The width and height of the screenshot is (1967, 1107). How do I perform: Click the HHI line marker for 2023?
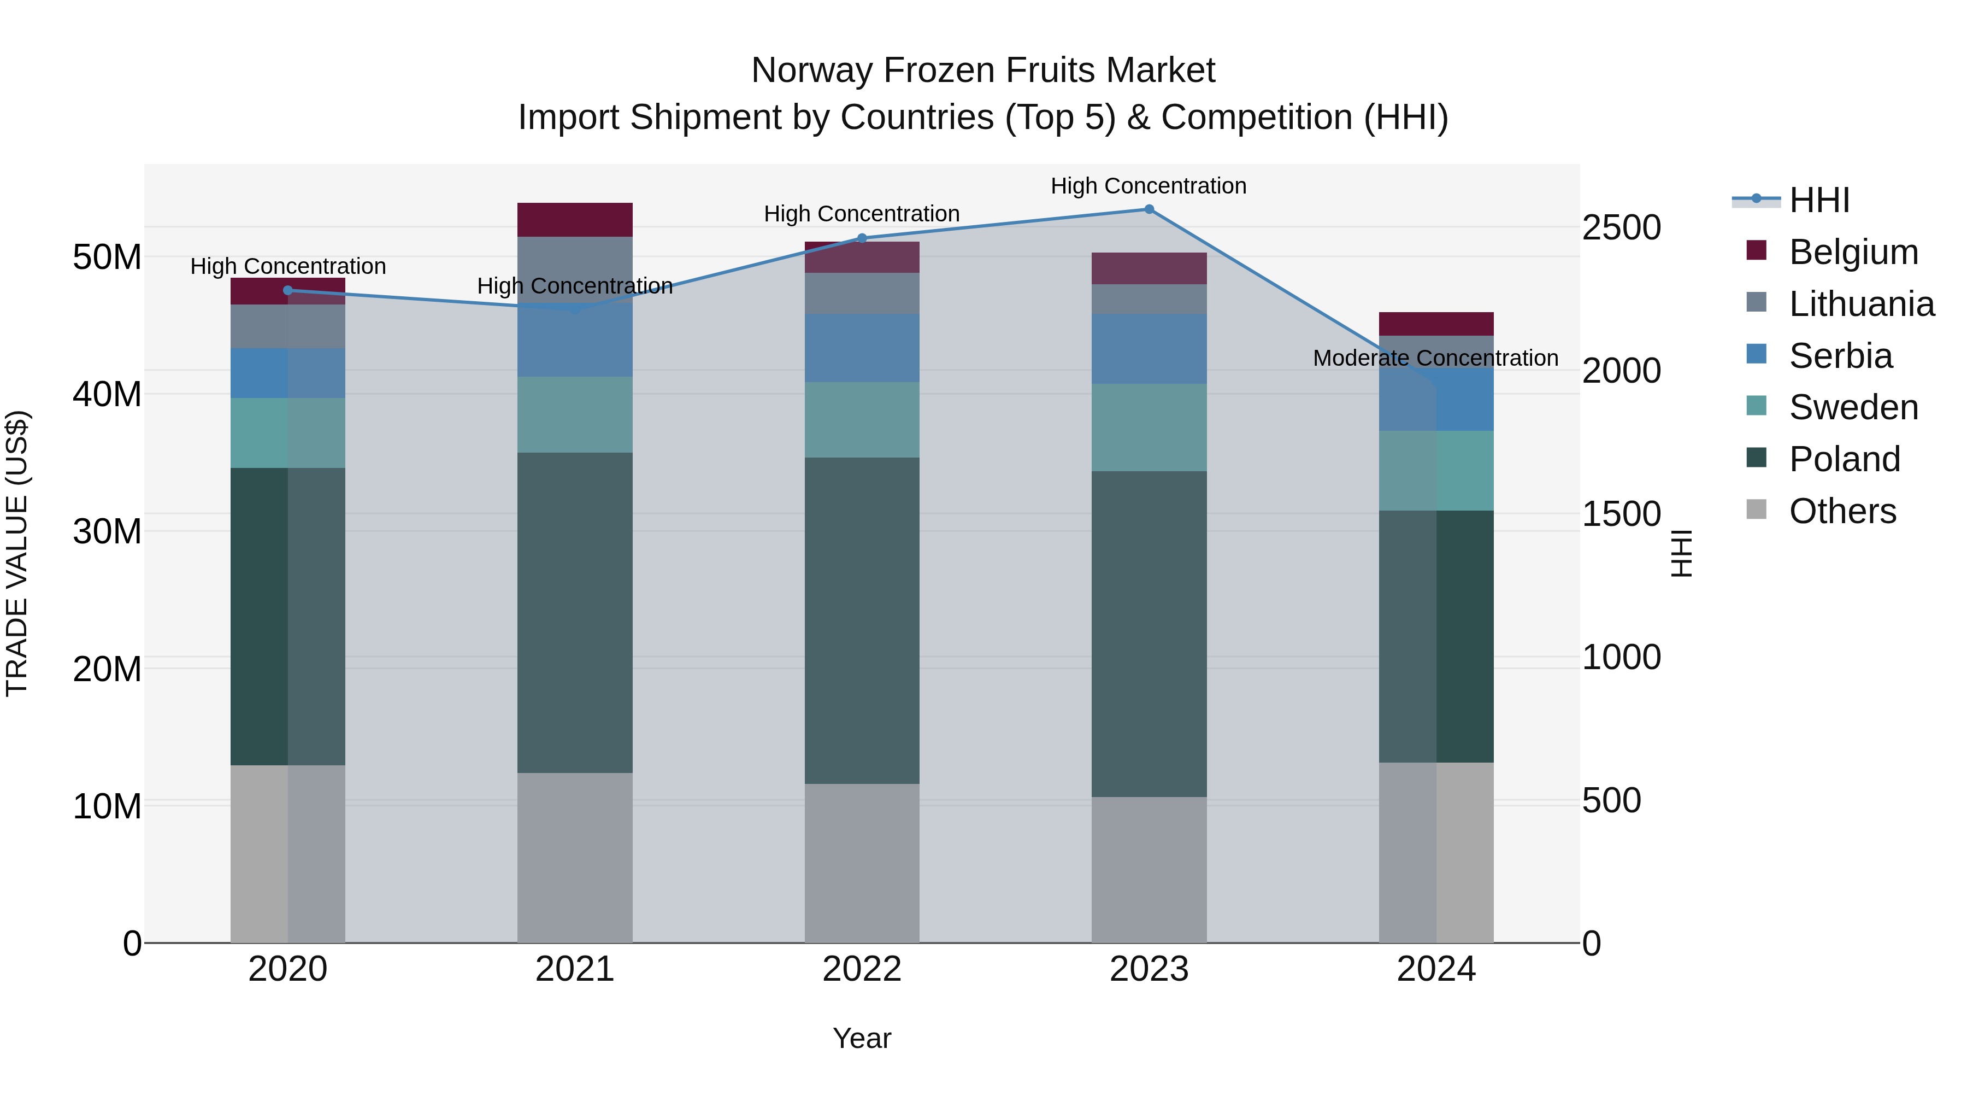(x=1149, y=209)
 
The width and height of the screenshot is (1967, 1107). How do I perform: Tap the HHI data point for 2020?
(x=288, y=290)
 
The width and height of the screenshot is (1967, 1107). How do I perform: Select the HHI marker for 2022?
(x=862, y=238)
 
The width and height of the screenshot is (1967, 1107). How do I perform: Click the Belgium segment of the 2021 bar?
(x=575, y=220)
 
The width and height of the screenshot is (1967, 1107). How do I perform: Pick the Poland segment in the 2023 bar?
(x=1149, y=634)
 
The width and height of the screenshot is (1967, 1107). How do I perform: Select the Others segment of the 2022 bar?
(x=862, y=863)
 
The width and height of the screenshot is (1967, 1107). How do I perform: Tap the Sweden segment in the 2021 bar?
(x=575, y=415)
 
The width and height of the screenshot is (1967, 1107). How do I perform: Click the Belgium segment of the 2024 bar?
(x=1435, y=324)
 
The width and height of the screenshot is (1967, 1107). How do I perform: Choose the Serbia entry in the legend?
(x=1840, y=356)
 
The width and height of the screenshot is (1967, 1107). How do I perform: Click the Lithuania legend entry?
(x=1861, y=304)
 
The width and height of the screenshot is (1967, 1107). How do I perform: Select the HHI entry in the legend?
(x=1819, y=200)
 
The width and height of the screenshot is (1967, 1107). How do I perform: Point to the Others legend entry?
(x=1842, y=511)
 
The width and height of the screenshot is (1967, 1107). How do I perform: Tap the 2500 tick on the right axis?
(x=1621, y=227)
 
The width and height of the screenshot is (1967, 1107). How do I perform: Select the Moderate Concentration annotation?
(x=1435, y=358)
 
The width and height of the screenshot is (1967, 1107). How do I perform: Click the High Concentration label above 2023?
(x=1149, y=186)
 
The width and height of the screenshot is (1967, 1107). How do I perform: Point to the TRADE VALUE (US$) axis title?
(x=17, y=553)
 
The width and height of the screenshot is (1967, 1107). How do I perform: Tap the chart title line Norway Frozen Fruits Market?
(x=983, y=71)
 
